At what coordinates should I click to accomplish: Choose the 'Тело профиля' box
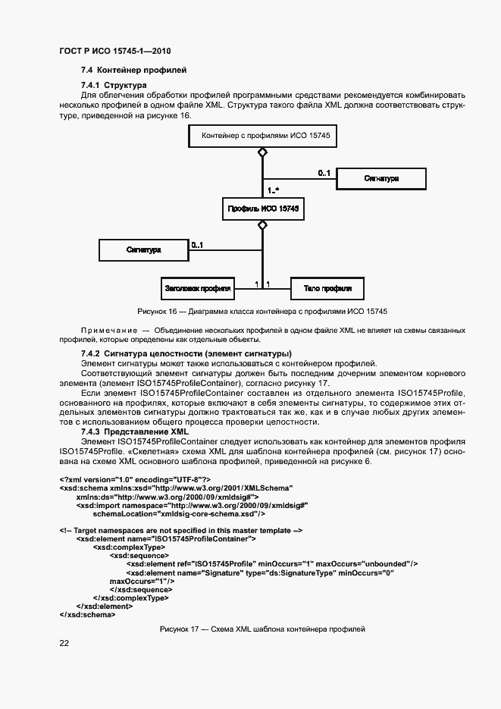(327, 288)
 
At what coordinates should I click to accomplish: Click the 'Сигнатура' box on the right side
(380, 179)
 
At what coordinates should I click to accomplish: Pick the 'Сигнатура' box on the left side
(142, 249)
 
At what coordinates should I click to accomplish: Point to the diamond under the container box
(262, 153)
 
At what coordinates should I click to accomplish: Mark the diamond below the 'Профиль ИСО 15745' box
(262, 224)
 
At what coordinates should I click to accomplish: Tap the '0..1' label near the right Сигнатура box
(324, 173)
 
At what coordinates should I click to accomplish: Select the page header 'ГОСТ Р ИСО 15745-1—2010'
(114, 51)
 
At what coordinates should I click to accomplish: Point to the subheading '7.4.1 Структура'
(114, 85)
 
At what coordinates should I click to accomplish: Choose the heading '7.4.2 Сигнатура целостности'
(186, 354)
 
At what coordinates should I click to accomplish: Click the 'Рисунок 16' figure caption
(262, 312)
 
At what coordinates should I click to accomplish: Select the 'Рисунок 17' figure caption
(262, 629)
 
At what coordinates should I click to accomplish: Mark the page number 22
(64, 643)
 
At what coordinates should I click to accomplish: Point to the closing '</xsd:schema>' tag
(87, 614)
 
